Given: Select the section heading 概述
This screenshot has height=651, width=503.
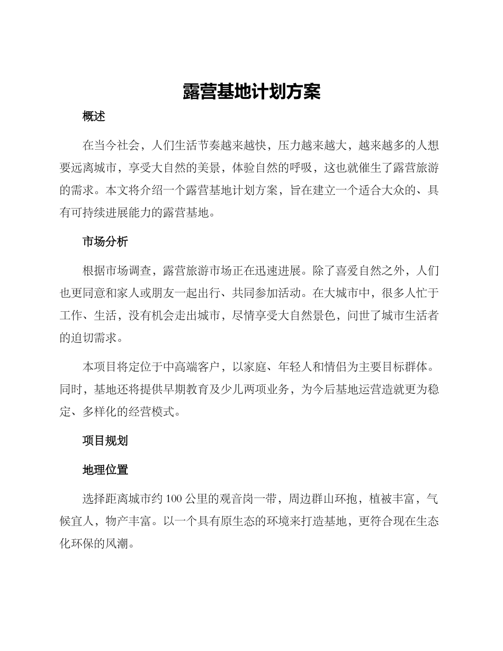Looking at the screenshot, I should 94,117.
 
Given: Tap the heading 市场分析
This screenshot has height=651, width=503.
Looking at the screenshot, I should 105,242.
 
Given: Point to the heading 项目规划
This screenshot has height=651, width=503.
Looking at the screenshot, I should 105,441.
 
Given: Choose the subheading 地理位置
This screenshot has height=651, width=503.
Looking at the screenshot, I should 105,469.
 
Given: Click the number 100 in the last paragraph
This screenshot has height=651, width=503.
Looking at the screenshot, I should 174,499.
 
